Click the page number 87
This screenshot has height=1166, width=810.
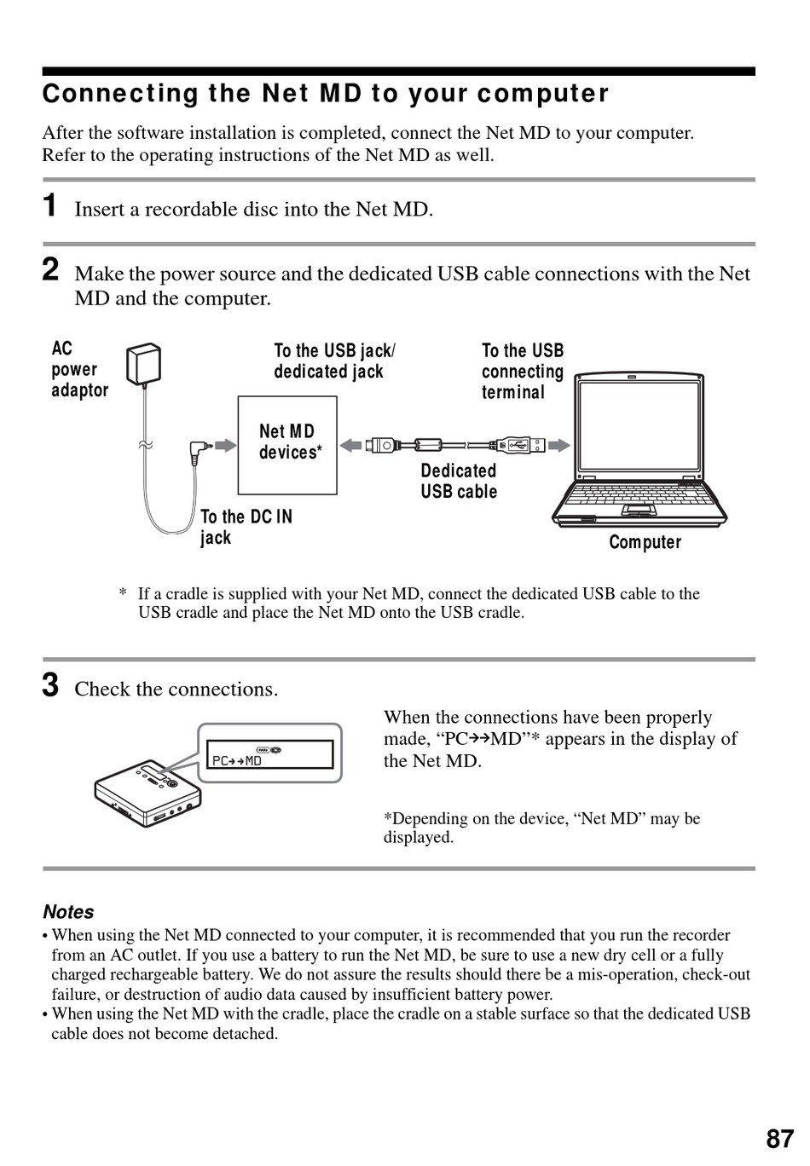pos(779,1140)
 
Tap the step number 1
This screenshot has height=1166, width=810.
pos(51,205)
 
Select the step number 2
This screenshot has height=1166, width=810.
pos(51,270)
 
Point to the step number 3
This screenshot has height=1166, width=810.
pos(51,685)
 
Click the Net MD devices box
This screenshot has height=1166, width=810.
pos(287,444)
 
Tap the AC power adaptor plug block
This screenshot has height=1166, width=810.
pos(143,365)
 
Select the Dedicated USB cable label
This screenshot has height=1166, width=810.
pos(459,482)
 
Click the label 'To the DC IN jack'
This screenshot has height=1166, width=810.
pos(246,528)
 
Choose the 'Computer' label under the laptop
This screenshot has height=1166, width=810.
pos(645,543)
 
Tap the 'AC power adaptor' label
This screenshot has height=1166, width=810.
pos(79,370)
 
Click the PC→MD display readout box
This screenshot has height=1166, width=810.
pos(269,754)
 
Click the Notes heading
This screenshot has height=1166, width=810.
pos(68,912)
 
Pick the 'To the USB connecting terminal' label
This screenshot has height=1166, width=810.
pos(523,372)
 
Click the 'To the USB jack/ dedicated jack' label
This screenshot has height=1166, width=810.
pos(334,361)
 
